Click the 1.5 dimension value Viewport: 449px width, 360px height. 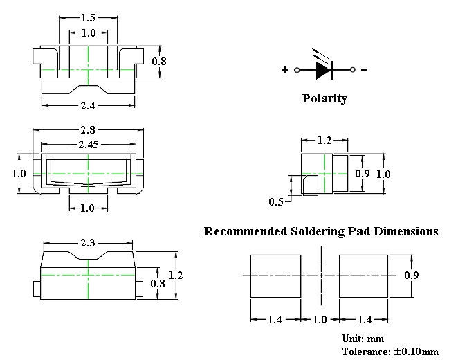click(88, 17)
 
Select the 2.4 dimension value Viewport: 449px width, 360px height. click(87, 106)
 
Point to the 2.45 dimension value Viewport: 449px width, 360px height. click(88, 144)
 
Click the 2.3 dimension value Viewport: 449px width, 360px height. click(87, 244)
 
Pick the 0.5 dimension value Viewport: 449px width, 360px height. click(275, 202)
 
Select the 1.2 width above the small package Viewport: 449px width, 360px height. click(324, 141)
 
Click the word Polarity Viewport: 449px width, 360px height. click(324, 98)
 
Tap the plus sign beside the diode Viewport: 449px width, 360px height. click(284, 70)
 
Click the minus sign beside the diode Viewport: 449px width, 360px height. click(364, 70)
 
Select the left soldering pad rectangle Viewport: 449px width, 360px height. click(275, 275)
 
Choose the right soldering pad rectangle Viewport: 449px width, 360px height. click(364, 275)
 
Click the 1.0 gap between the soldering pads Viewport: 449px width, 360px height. click(320, 319)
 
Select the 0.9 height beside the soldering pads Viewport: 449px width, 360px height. click(411, 275)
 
